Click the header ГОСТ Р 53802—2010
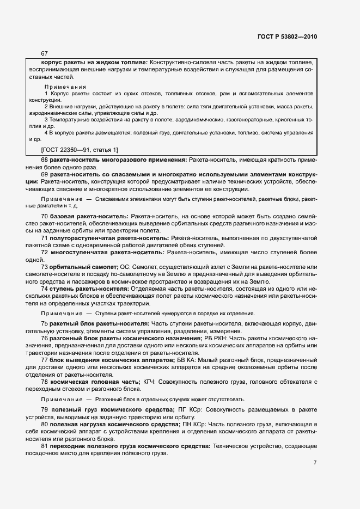287,37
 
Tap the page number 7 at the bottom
315,463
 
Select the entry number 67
44,53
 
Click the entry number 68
44,160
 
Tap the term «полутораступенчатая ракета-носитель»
109,238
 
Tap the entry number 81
44,446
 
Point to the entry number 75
44,324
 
